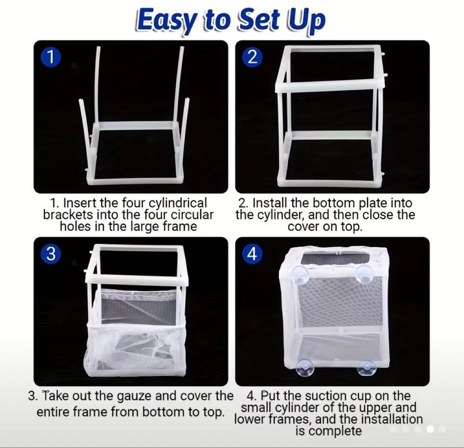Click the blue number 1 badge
51,57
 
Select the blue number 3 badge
51,254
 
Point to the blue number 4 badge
252,254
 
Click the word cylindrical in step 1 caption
177,203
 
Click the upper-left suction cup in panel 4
300,274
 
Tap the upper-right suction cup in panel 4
363,274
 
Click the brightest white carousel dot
430,429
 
